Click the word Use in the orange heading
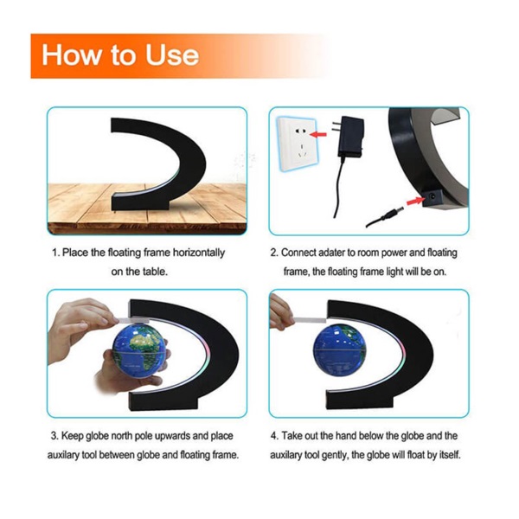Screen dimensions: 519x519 point(172,54)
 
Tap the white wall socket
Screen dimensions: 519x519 point(298,144)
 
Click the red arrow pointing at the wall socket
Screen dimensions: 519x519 point(318,134)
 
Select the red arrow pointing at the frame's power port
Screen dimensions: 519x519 point(415,201)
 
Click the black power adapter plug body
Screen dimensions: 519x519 point(351,137)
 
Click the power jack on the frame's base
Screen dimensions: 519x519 point(432,198)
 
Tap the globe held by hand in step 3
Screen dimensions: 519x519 point(138,351)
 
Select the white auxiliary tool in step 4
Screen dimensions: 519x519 point(309,320)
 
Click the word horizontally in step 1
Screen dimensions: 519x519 point(199,253)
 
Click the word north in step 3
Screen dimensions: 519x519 point(121,436)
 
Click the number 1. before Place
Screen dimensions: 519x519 point(56,253)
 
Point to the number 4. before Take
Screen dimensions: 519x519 point(275,436)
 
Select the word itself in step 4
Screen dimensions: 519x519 point(450,455)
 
